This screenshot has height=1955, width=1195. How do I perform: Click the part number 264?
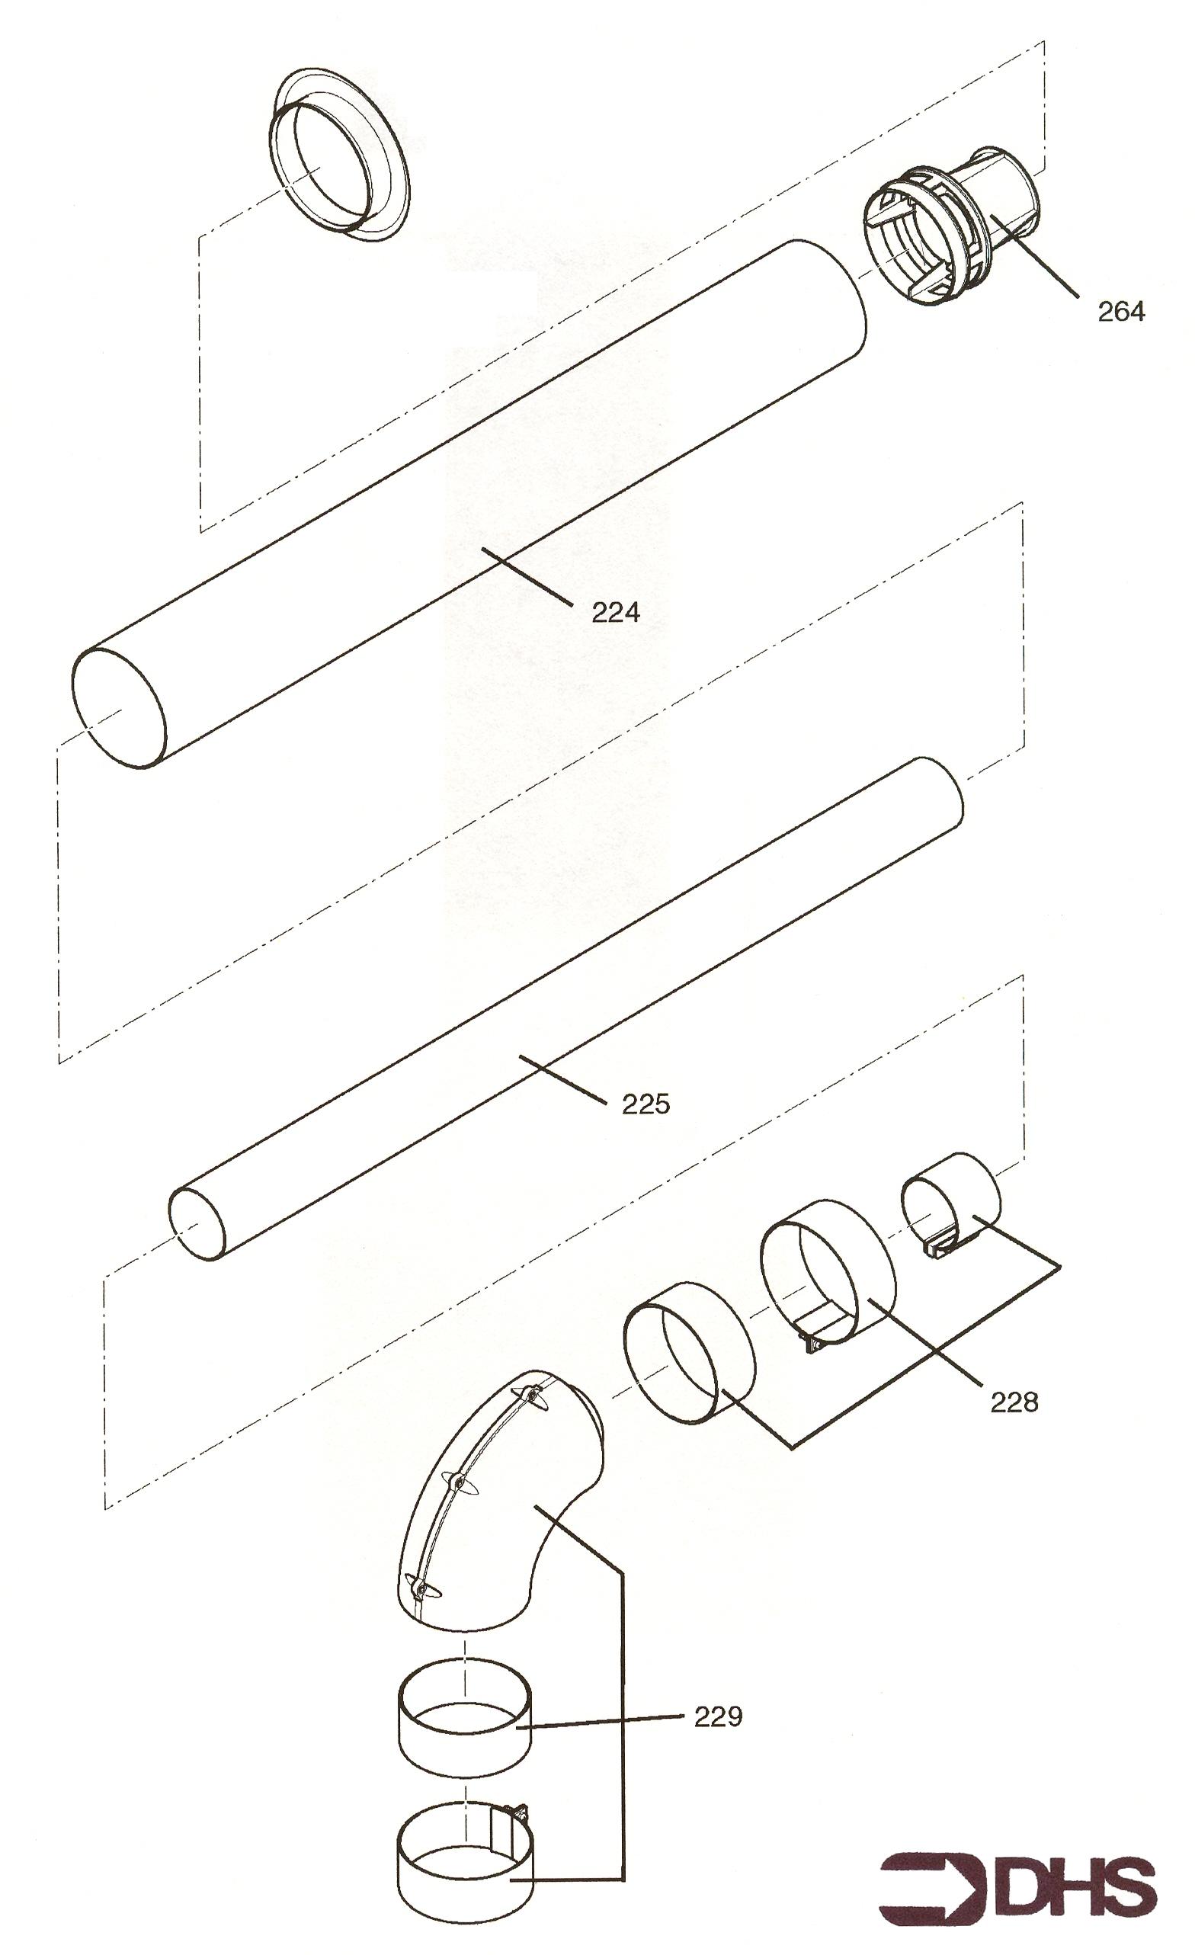coord(1120,312)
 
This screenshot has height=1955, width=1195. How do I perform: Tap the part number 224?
coord(616,612)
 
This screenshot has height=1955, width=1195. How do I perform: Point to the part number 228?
coord(1014,1402)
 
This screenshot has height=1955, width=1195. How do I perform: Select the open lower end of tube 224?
coord(119,708)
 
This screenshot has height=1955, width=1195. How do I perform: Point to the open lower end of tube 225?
coord(198,1223)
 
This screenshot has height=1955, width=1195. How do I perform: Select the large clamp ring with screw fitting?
coord(827,1277)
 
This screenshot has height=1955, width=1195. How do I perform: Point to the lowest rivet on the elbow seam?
coord(419,1588)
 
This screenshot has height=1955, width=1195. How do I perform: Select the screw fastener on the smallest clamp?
coord(940,1247)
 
